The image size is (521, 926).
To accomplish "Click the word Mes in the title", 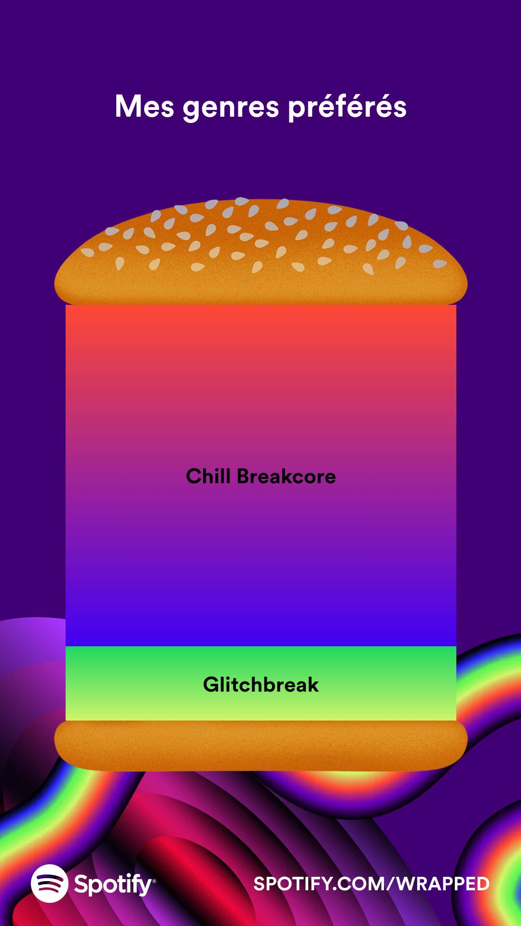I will click(x=144, y=107).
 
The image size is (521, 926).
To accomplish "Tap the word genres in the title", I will click(x=231, y=108).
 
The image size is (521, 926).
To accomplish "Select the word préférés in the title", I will click(x=347, y=107).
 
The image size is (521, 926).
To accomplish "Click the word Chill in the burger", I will click(x=208, y=476).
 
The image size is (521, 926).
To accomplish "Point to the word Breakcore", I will click(x=286, y=477).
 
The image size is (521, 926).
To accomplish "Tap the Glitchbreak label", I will click(x=260, y=685).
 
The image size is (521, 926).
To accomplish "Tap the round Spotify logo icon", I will click(x=49, y=883).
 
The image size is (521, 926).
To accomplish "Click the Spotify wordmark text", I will click(x=112, y=885).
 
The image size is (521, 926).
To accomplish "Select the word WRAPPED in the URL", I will click(x=443, y=884).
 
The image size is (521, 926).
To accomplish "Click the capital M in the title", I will click(x=128, y=107).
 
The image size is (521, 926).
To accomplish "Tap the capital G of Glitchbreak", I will click(x=211, y=685).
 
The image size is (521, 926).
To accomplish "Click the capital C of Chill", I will click(x=194, y=477).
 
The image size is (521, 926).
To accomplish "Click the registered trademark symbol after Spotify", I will click(x=154, y=881).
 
